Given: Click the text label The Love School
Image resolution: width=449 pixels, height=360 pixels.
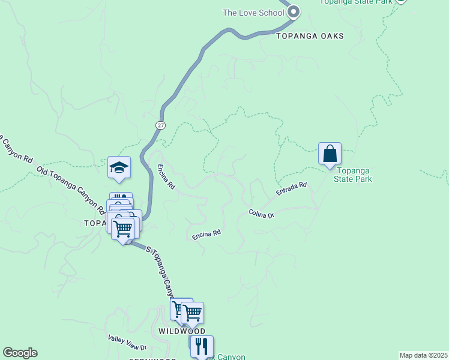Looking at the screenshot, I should [x=253, y=13].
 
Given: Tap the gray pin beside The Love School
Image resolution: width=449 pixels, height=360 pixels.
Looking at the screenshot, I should [x=293, y=12].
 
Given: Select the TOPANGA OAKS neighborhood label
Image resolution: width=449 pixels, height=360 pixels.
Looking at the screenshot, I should [x=310, y=36].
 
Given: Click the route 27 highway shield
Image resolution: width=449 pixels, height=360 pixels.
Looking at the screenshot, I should [x=160, y=125].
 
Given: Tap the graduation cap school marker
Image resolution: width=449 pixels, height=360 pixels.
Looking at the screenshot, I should [x=119, y=168].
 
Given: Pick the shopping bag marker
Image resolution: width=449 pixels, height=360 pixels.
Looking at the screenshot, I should [x=330, y=154].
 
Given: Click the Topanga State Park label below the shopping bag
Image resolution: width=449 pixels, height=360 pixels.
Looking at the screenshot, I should [x=352, y=175].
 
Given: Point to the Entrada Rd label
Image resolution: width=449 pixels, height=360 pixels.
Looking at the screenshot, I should [x=292, y=189].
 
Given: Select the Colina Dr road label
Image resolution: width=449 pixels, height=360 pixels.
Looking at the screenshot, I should [x=262, y=213].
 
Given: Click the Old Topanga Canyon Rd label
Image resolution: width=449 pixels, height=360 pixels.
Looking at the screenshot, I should [x=70, y=189].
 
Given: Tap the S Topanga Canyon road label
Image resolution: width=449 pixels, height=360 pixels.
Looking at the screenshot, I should [x=162, y=274].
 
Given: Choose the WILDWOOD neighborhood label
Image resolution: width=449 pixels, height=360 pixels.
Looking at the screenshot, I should [x=182, y=331].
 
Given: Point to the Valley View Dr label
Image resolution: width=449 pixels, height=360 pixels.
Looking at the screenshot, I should [x=127, y=343].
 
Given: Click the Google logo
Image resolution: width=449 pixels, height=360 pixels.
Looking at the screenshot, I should [x=20, y=353].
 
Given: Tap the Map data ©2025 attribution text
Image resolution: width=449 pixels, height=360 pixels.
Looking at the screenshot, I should [x=423, y=355].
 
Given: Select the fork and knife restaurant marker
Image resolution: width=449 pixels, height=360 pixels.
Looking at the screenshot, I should [x=202, y=347].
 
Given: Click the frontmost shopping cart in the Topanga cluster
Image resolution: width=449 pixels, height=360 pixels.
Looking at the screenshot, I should [x=123, y=229].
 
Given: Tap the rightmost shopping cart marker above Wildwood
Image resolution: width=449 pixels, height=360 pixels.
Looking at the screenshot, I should [x=192, y=313].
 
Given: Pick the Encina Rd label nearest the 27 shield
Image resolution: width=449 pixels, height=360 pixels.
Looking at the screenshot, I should [x=166, y=178].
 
